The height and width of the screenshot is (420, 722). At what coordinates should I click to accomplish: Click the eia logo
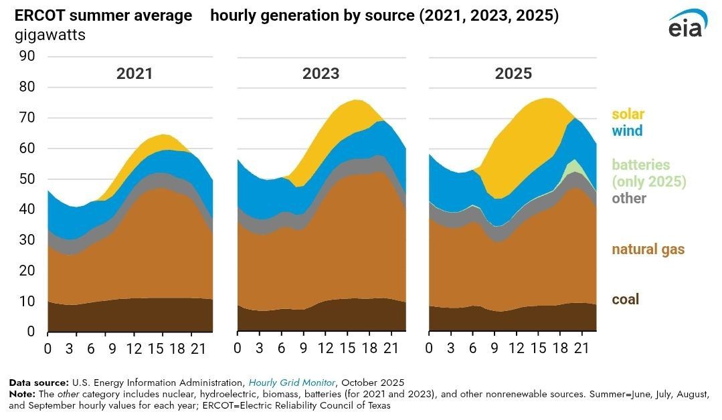click(685, 25)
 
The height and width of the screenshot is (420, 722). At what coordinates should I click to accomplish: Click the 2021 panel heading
click(134, 74)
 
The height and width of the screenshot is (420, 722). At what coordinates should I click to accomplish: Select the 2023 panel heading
click(321, 74)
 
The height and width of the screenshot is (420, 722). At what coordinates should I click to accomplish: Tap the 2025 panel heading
click(513, 74)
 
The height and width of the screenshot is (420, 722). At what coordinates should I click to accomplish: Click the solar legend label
click(627, 114)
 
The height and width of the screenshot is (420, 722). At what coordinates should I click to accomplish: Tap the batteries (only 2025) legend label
click(649, 173)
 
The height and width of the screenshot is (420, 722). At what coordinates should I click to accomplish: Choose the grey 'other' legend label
click(629, 198)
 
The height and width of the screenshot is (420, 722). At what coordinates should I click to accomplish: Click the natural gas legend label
click(648, 249)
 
